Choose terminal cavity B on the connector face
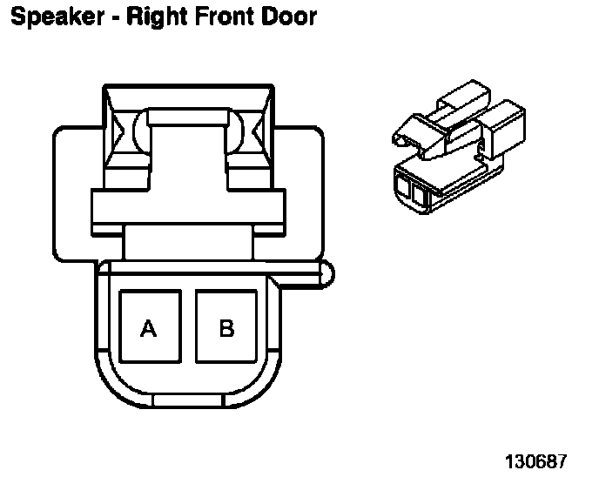(226, 327)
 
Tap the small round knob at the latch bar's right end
(326, 274)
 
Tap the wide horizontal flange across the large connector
(188, 209)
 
